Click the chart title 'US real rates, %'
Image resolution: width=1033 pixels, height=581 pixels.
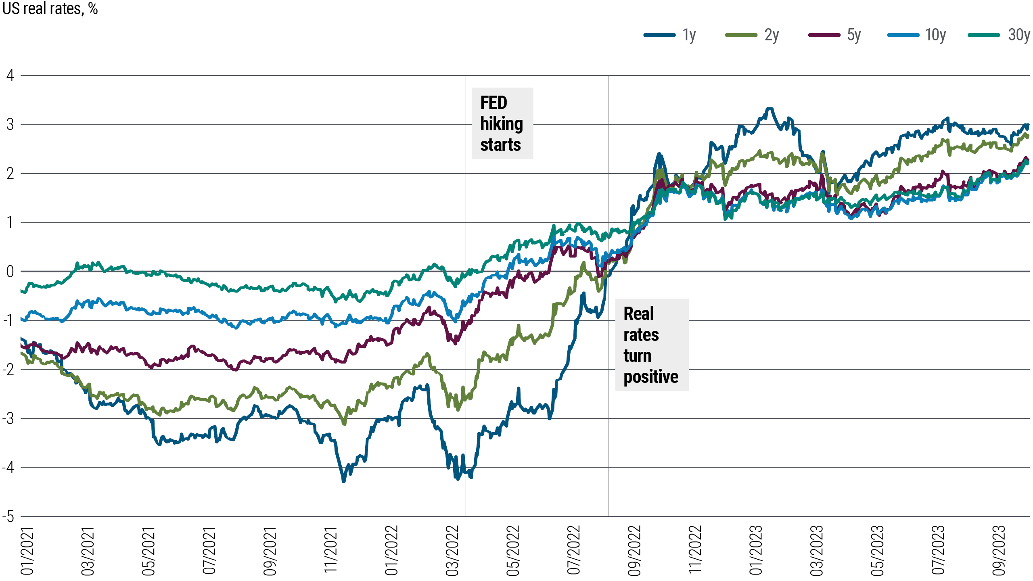(x=50, y=9)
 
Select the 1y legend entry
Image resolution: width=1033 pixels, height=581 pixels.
(x=670, y=35)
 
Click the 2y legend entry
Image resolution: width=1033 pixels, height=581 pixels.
(x=752, y=35)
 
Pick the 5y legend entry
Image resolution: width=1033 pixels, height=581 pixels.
(x=834, y=35)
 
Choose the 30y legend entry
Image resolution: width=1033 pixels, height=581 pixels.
(x=999, y=35)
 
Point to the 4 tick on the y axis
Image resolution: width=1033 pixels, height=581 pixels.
(x=10, y=75)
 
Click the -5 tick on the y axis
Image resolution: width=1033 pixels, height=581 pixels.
(x=8, y=516)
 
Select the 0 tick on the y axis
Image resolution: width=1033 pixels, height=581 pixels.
(x=10, y=272)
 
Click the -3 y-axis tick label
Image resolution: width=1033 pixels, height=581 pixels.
(x=8, y=418)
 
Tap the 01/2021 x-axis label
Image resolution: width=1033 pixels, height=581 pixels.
(x=27, y=551)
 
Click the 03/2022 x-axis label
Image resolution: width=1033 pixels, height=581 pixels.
(x=452, y=551)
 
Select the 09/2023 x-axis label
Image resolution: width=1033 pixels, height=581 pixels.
(x=999, y=551)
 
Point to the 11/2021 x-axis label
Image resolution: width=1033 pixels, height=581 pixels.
(x=330, y=551)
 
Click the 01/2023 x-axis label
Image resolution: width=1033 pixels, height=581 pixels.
(x=755, y=551)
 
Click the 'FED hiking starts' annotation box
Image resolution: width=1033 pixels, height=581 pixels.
(x=502, y=123)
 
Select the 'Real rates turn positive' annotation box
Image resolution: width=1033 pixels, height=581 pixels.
(x=651, y=345)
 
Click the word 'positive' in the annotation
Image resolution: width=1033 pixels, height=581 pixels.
(x=650, y=377)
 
